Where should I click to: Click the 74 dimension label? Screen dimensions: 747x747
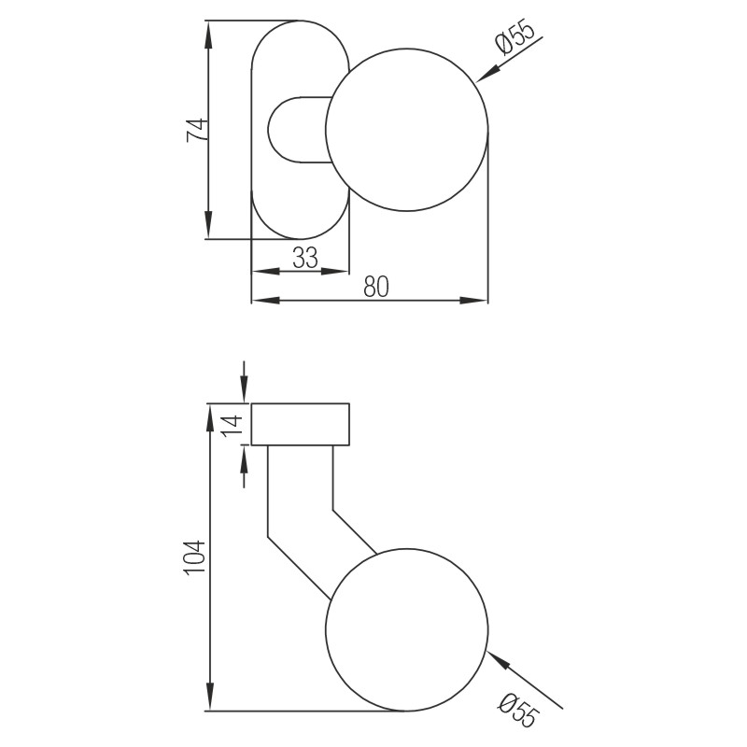(x=195, y=129)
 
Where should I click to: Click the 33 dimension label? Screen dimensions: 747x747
(x=304, y=257)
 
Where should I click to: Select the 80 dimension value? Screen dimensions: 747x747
(x=375, y=287)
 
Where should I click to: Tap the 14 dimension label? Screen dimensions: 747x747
(x=234, y=425)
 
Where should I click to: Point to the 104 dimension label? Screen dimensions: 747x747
(x=194, y=557)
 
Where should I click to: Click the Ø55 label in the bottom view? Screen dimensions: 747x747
(x=519, y=709)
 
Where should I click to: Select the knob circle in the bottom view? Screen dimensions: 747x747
(x=407, y=629)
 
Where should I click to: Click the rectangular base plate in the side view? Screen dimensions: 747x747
(x=301, y=425)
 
